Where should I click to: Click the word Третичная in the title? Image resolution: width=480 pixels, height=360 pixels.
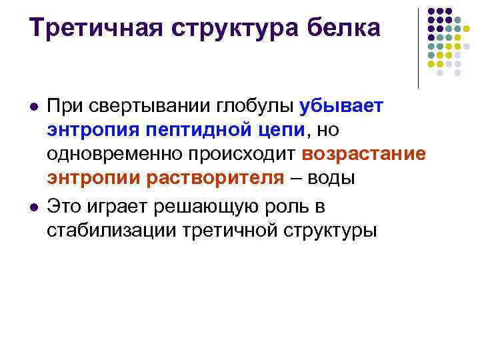click(x=95, y=29)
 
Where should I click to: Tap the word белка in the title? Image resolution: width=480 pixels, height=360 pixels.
click(x=343, y=28)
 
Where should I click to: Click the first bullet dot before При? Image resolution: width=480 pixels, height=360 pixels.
click(x=34, y=107)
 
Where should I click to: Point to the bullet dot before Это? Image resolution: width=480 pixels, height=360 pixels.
click(x=34, y=208)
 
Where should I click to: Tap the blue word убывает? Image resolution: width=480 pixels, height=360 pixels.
click(x=341, y=106)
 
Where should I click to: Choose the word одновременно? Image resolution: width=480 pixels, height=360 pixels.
click(x=114, y=154)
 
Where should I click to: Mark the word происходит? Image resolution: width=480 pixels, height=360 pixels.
click(x=242, y=155)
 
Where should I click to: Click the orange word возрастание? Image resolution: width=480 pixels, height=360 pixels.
click(x=364, y=155)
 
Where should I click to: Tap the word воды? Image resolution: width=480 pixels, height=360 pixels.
click(x=331, y=178)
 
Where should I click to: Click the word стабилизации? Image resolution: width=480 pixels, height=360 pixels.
click(x=111, y=231)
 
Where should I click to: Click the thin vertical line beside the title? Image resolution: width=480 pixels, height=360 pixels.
click(x=418, y=49)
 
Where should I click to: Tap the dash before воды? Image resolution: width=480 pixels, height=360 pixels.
click(x=296, y=178)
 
